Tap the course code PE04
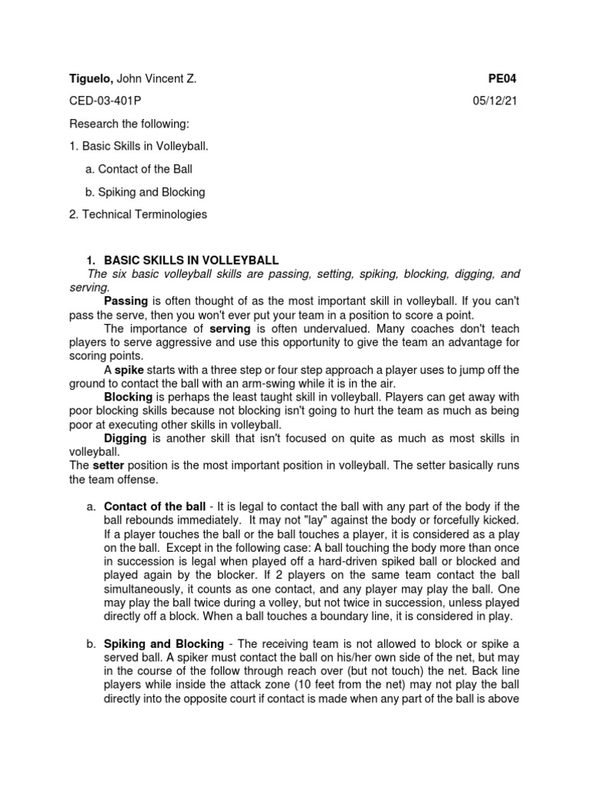tap(504, 78)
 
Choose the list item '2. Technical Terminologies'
tap(138, 214)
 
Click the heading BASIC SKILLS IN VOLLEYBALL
tap(191, 260)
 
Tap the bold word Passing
tap(126, 300)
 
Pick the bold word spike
tap(129, 370)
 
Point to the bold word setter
tap(107, 465)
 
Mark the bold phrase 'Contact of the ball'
tap(154, 507)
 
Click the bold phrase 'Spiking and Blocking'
tap(163, 643)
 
